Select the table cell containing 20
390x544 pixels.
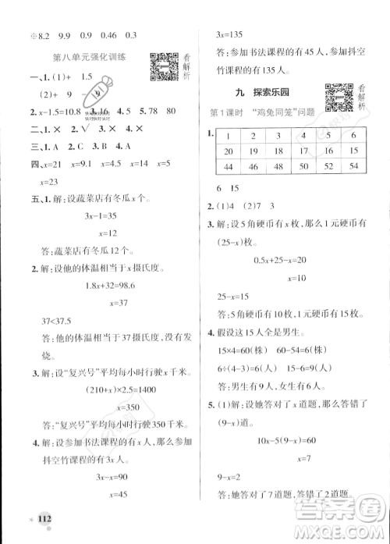[229, 151]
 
